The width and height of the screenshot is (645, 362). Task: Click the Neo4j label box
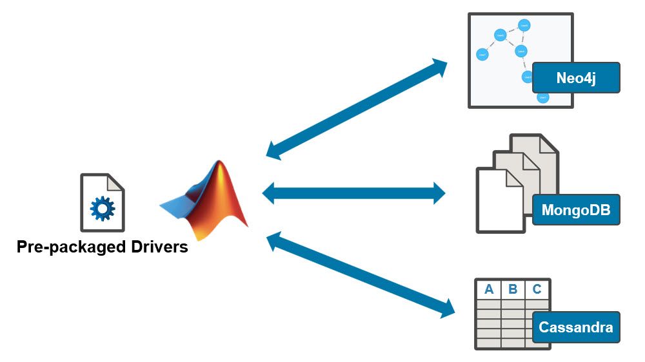coord(576,78)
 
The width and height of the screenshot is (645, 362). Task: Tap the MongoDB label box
coord(576,209)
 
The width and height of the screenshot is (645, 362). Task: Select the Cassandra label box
coord(576,327)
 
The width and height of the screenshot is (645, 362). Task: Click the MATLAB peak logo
coord(206,200)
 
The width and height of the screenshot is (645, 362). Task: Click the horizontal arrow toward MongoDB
coord(354,192)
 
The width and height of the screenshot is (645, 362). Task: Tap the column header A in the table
coord(489,289)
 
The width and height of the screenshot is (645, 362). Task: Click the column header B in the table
coord(513,289)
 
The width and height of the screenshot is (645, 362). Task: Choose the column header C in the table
coord(537,289)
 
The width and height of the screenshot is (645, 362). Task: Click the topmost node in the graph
coord(524,26)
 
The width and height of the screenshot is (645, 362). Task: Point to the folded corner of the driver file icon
coord(115,182)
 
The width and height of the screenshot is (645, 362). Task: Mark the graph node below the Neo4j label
coord(543,98)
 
